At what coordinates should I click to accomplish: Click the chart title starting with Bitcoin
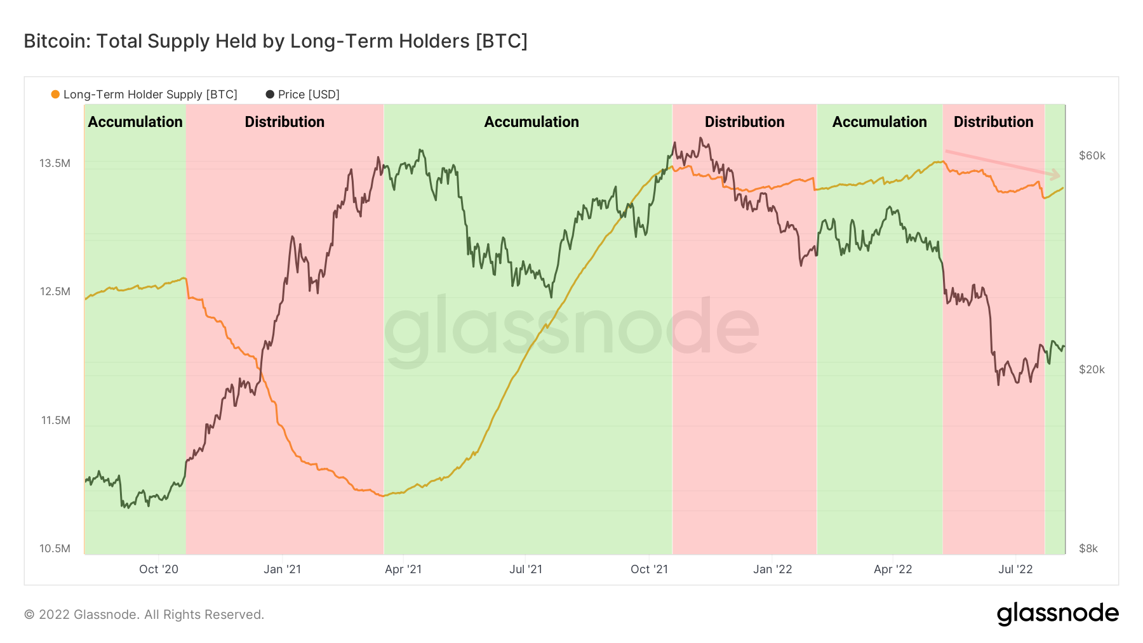tap(275, 41)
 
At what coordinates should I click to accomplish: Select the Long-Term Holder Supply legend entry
tap(144, 95)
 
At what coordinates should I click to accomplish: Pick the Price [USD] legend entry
tap(303, 95)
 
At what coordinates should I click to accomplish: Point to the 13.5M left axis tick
tap(55, 163)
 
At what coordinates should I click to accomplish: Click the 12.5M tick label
tap(55, 291)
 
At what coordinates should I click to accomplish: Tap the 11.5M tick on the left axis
tap(55, 420)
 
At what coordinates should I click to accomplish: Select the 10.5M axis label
tap(55, 548)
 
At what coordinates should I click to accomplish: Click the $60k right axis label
tap(1092, 156)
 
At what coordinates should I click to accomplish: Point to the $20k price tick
tap(1092, 369)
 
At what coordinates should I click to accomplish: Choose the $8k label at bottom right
tap(1088, 548)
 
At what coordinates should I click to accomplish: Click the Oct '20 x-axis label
tap(159, 569)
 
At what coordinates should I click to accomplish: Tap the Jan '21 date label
tap(282, 569)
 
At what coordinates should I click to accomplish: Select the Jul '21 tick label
tap(526, 569)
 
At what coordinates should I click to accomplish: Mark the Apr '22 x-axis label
tap(892, 569)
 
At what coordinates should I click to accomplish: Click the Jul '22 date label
tap(1015, 569)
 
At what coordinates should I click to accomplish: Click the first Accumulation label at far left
tap(135, 122)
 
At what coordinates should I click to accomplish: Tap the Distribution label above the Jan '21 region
tap(284, 122)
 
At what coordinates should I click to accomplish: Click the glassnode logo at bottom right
tap(1057, 614)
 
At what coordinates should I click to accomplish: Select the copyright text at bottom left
tap(144, 614)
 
